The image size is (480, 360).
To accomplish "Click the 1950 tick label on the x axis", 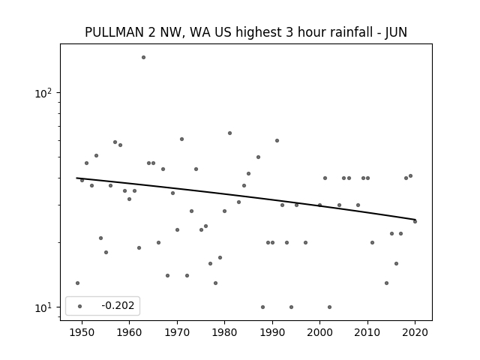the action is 82,332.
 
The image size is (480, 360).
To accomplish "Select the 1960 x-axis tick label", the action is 129,332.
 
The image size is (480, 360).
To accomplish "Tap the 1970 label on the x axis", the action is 177,332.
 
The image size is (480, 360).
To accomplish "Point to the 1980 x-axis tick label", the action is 224,332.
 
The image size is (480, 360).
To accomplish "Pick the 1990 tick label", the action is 272,332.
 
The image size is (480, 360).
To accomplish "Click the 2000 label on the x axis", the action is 320,332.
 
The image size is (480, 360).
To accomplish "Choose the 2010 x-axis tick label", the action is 367,332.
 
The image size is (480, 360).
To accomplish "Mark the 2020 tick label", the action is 415,332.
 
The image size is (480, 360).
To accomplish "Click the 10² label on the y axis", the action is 43,93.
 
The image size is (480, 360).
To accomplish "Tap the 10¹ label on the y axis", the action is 43,307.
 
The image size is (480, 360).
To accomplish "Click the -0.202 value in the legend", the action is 118,305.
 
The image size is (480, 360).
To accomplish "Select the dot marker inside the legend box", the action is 80,306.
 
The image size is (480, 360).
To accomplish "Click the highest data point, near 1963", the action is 143,57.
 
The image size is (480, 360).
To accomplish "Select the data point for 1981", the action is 230,133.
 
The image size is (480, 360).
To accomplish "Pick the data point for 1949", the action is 77,283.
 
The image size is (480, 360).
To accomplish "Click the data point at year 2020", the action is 415,222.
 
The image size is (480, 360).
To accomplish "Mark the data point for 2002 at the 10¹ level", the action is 329,307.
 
